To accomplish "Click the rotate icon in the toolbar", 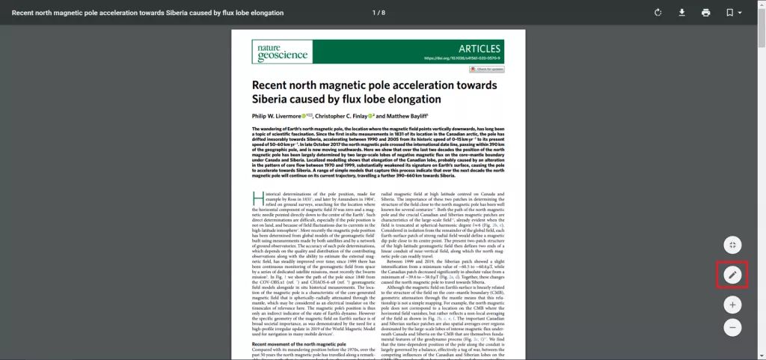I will tap(658, 13).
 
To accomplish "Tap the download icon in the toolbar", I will tap(681, 13).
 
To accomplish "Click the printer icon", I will tap(705, 13).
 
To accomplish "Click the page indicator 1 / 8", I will tap(379, 13).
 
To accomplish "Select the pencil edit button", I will tap(732, 275).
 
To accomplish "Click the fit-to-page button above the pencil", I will tap(732, 245).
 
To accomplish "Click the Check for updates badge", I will tap(486, 69).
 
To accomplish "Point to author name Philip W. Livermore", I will tap(275, 117).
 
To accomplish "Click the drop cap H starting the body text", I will tap(257, 198).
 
